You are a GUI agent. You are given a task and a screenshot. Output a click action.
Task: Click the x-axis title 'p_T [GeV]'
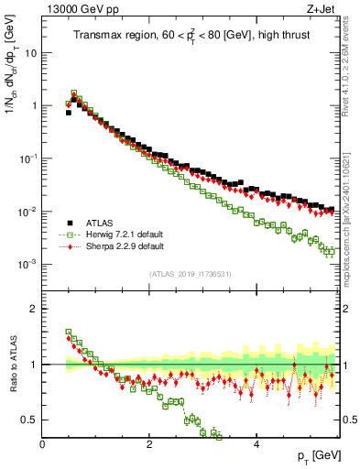pos(315,456)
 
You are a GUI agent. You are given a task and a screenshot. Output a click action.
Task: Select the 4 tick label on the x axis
pos(256,443)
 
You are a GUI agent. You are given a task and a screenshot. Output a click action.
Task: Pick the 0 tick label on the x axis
pos(42,443)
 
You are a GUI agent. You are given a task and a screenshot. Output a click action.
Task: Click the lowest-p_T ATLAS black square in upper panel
pos(69,113)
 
